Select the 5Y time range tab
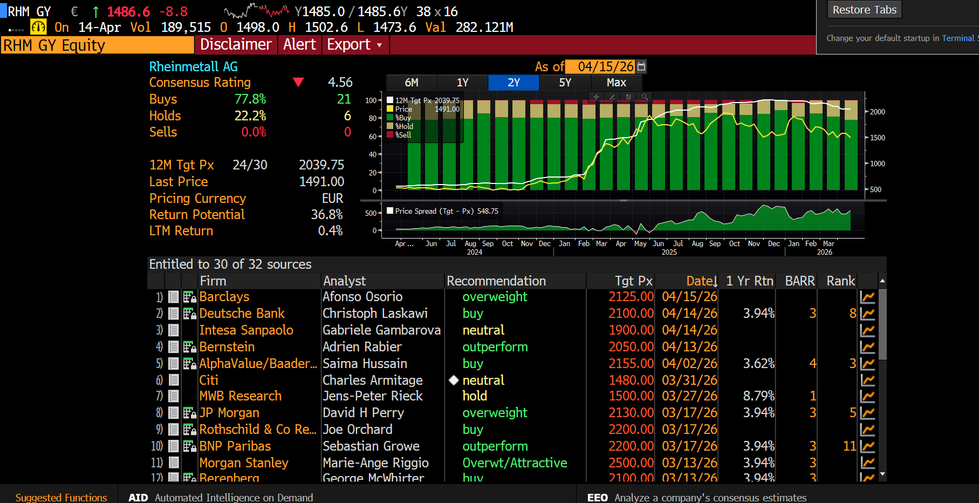(x=565, y=83)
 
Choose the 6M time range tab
(x=412, y=83)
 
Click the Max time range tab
(x=616, y=83)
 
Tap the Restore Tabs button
(x=864, y=10)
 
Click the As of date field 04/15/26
(x=605, y=66)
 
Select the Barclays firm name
(x=224, y=297)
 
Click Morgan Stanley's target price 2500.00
(x=631, y=463)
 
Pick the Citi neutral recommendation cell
(x=483, y=380)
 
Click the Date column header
(x=701, y=281)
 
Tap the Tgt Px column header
(x=633, y=281)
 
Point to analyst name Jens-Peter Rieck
(x=372, y=396)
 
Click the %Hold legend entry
(x=404, y=126)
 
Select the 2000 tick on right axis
(x=877, y=112)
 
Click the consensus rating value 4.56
(x=340, y=83)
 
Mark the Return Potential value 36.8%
(x=327, y=215)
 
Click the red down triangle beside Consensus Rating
(x=298, y=83)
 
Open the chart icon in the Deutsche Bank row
(x=867, y=314)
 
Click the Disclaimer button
(x=236, y=45)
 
